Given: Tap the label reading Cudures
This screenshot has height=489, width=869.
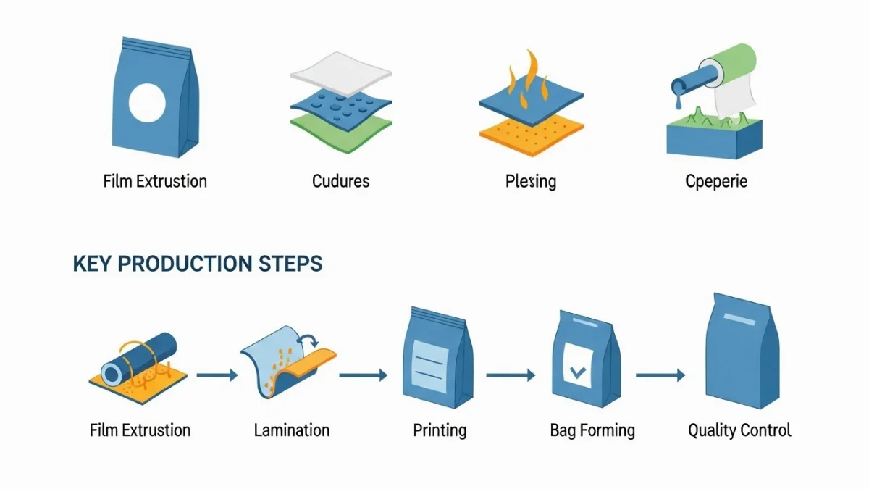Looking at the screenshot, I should click(341, 181).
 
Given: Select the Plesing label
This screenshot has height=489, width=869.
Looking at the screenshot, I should click(531, 181).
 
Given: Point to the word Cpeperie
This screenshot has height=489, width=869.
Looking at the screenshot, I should click(716, 181).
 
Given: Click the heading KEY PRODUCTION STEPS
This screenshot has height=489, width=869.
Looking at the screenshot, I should click(198, 264).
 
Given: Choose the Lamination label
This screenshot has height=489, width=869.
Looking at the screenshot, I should click(292, 430).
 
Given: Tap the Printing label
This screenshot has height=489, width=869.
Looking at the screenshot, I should click(440, 430).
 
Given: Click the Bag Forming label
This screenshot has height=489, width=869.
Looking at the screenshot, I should click(592, 430).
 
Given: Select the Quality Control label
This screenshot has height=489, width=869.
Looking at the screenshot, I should click(739, 430).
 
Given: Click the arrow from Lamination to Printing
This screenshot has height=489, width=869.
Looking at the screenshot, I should click(363, 375).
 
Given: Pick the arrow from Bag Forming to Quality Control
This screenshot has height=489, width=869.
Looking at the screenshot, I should click(660, 375).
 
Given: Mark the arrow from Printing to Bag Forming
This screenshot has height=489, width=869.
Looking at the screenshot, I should click(511, 375).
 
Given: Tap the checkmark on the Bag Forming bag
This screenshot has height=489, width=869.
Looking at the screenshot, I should click(578, 373).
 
